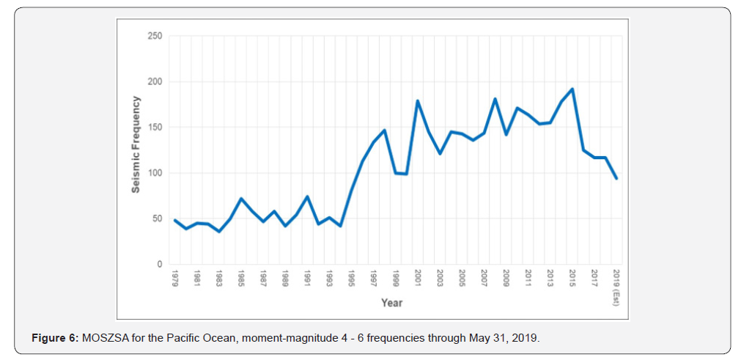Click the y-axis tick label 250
point(154,36)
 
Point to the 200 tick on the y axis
point(154,81)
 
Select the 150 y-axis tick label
point(154,128)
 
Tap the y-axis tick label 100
point(154,173)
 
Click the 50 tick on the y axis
point(156,218)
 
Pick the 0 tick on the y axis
point(158,265)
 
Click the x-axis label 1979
point(175,279)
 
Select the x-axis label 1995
point(351,279)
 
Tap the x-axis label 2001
point(418,279)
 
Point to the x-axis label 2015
point(572,279)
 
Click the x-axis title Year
point(391,302)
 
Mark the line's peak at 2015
point(572,89)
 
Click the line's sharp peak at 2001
point(418,101)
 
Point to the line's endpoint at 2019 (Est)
point(616,178)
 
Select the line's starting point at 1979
point(175,220)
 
